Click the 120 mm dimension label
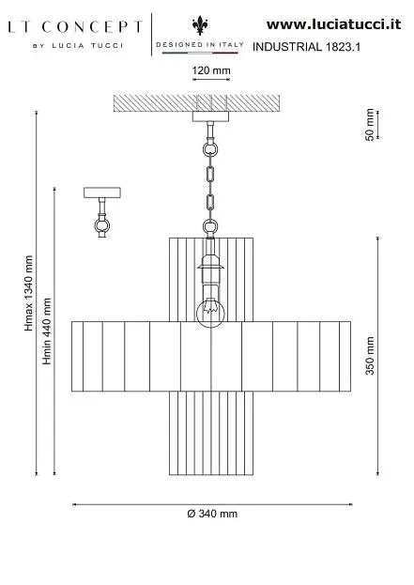[211, 70]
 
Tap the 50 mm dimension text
[369, 125]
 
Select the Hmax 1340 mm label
[29, 293]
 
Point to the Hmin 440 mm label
[47, 331]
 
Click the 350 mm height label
[370, 356]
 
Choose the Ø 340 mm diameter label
[212, 514]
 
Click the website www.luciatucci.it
[333, 24]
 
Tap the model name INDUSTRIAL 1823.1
[306, 47]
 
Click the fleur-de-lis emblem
[200, 25]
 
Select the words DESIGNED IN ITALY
[200, 44]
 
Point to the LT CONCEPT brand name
[75, 27]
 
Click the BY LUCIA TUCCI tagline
[78, 46]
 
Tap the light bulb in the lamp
[210, 312]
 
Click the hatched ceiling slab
[196, 103]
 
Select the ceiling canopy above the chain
[210, 116]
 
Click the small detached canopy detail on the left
[101, 211]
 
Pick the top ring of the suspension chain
[210, 149]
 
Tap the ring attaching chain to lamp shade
[210, 226]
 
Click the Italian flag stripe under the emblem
[200, 53]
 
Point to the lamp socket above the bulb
[210, 267]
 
